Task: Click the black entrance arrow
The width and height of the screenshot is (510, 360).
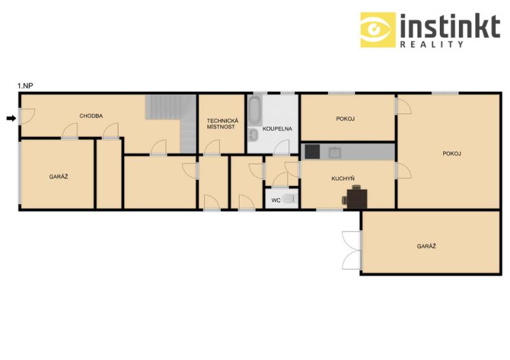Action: [x=11, y=119]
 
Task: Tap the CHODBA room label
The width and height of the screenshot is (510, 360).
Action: [x=91, y=116]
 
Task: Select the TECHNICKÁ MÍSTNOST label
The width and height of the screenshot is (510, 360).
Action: [x=222, y=124]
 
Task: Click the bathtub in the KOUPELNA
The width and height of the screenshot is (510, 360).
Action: [x=254, y=110]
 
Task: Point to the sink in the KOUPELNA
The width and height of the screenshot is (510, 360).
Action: [x=254, y=136]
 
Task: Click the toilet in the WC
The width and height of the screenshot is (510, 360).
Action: [x=289, y=198]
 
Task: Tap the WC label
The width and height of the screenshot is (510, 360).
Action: [x=276, y=200]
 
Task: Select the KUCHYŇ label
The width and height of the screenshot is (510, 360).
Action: [x=343, y=178]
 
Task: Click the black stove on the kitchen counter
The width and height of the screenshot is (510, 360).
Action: [x=312, y=152]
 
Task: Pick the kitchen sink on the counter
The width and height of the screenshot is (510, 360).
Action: [x=335, y=152]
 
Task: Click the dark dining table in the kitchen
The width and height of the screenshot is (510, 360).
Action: [x=357, y=199]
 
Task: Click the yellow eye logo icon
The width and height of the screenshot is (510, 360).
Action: [x=378, y=30]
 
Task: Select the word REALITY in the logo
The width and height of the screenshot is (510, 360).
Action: [x=432, y=45]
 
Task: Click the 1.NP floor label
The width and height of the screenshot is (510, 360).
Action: [x=25, y=86]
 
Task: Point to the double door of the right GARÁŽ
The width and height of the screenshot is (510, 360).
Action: [x=352, y=250]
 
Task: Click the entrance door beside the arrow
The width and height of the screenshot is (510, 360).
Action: [x=26, y=117]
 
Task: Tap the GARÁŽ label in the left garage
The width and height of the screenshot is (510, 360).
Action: [x=59, y=177]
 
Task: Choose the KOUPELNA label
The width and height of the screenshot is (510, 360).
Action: [x=277, y=129]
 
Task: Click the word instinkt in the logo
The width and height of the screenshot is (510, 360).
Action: [x=450, y=26]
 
